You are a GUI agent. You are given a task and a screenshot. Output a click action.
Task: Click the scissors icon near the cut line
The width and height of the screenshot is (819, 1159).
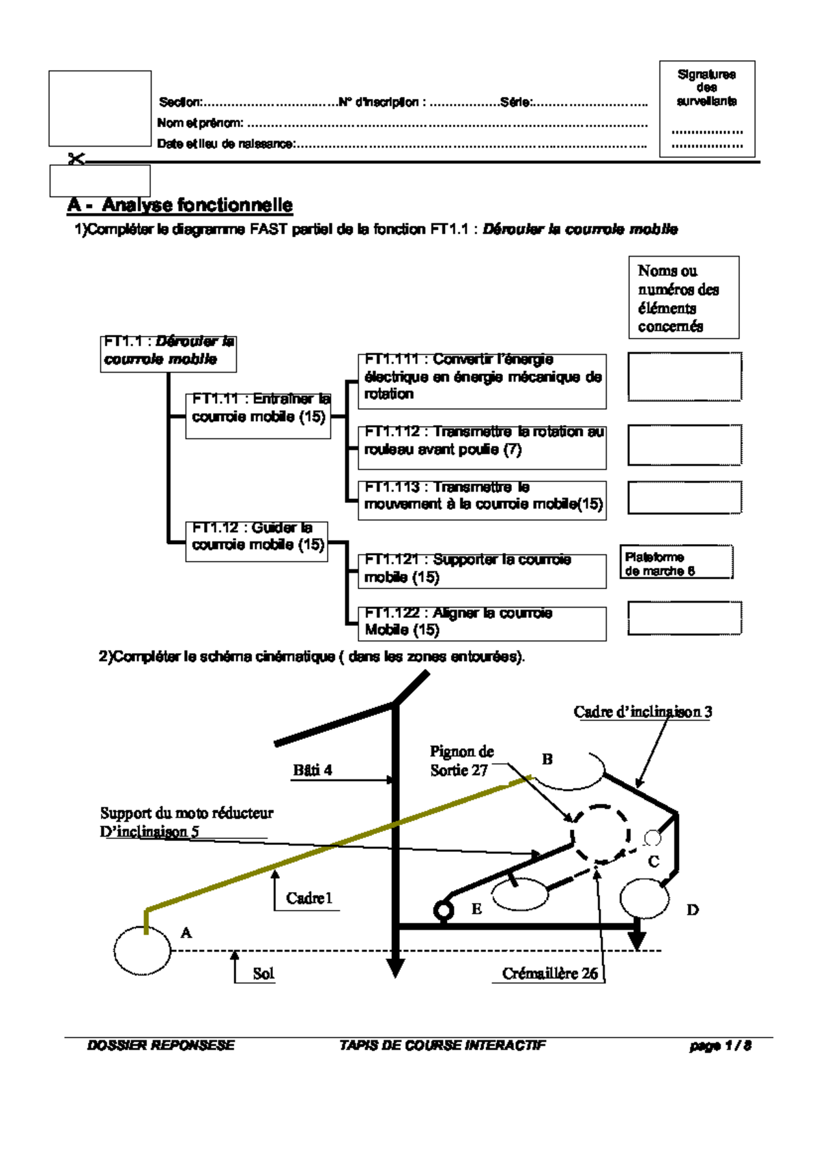(x=76, y=159)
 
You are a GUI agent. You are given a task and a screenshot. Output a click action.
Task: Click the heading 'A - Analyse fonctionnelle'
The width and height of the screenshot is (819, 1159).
(x=180, y=205)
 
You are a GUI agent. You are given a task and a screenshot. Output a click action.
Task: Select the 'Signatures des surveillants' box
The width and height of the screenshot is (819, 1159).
(x=706, y=109)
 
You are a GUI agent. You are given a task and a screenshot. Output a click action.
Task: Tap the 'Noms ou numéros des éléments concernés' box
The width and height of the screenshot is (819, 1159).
(x=683, y=298)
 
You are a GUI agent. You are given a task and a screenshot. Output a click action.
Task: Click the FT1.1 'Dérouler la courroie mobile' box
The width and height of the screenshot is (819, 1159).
(x=168, y=353)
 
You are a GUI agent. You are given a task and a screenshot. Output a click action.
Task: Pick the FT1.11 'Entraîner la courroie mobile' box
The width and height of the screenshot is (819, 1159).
(x=258, y=415)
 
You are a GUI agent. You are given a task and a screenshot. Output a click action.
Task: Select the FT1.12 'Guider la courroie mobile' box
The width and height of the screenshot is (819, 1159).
(x=256, y=541)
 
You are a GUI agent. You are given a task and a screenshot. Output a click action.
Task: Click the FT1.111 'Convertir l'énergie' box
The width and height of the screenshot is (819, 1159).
(x=482, y=381)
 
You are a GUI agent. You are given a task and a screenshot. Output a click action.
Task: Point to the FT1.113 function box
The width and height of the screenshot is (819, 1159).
(x=482, y=500)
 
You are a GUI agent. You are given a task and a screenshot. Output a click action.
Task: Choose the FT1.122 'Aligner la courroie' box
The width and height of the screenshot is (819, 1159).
(x=482, y=623)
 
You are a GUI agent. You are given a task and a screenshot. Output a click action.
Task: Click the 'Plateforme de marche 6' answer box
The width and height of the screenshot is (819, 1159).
(x=676, y=562)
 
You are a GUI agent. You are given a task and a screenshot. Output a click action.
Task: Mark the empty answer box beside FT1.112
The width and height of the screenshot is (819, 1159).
(x=685, y=445)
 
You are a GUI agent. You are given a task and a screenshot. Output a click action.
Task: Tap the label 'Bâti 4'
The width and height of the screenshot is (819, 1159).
(x=313, y=770)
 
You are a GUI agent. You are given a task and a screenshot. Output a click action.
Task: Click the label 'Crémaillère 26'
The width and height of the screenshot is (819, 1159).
(x=549, y=973)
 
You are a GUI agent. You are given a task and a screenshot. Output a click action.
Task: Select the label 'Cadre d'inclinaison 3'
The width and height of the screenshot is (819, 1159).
(x=642, y=712)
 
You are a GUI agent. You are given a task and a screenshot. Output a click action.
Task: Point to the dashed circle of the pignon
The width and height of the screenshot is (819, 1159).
(x=601, y=833)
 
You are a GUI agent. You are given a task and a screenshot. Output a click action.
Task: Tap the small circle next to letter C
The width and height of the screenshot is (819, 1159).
(x=652, y=838)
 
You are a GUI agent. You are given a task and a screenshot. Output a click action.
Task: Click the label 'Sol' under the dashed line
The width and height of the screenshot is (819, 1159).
(x=263, y=973)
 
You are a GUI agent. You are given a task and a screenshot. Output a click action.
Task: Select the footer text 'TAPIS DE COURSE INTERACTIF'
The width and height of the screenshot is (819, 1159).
(x=442, y=1045)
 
